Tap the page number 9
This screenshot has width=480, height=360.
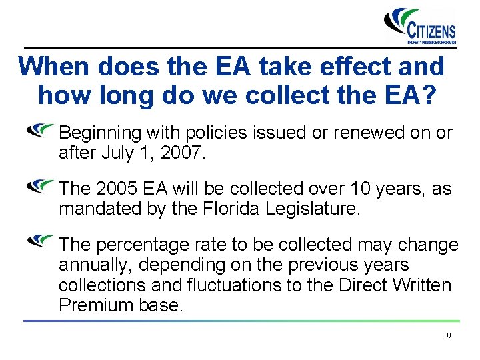click(449, 336)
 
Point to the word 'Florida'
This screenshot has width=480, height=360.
click(231, 209)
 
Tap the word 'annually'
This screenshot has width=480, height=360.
click(96, 265)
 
